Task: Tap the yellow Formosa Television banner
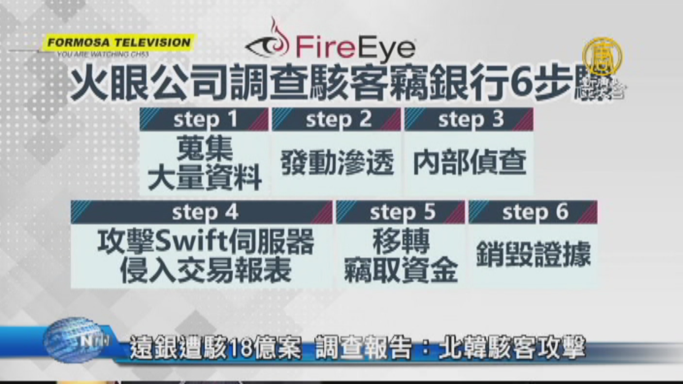[x=119, y=43]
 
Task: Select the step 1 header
[x=204, y=119]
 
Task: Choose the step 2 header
[x=337, y=119]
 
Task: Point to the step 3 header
[x=469, y=119]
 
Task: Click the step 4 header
[x=202, y=212]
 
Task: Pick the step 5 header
[x=401, y=212]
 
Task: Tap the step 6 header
[x=533, y=212]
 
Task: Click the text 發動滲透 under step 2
[x=337, y=163]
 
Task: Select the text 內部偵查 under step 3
[x=470, y=163]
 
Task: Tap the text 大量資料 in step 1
[x=205, y=178]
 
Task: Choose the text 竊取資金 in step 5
[x=401, y=270]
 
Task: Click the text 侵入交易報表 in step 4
[x=206, y=270]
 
